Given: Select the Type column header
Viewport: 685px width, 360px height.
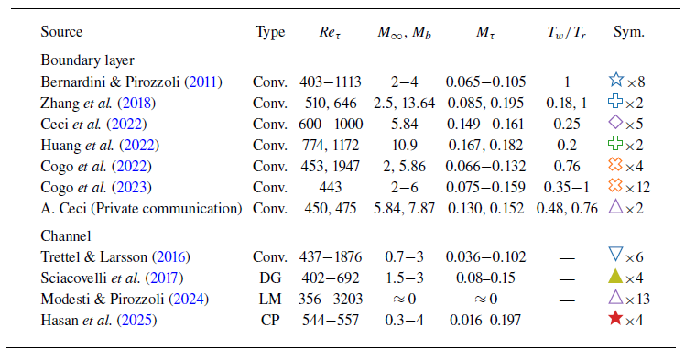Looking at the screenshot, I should (270, 32).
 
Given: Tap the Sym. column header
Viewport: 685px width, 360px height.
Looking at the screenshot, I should (629, 32).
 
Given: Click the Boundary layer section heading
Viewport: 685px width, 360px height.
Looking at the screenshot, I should (88, 60).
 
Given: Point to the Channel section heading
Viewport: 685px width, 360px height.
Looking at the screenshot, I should (65, 234).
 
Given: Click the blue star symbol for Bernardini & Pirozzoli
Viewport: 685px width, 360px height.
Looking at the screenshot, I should (615, 80).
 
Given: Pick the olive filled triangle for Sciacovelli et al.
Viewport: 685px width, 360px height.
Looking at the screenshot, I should (616, 276).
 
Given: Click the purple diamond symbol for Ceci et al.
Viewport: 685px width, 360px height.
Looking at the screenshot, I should (615, 122).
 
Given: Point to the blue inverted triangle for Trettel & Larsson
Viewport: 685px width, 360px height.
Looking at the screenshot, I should (616, 255).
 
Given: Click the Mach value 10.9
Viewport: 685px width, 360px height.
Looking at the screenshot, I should (403, 144).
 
